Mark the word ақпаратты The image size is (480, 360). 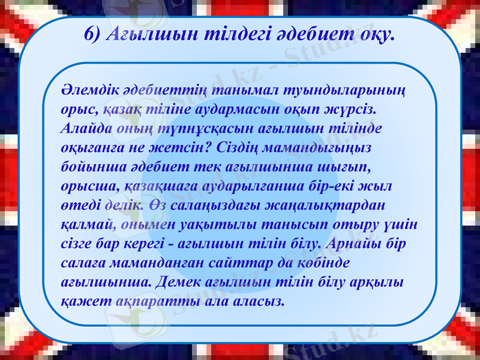158,301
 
